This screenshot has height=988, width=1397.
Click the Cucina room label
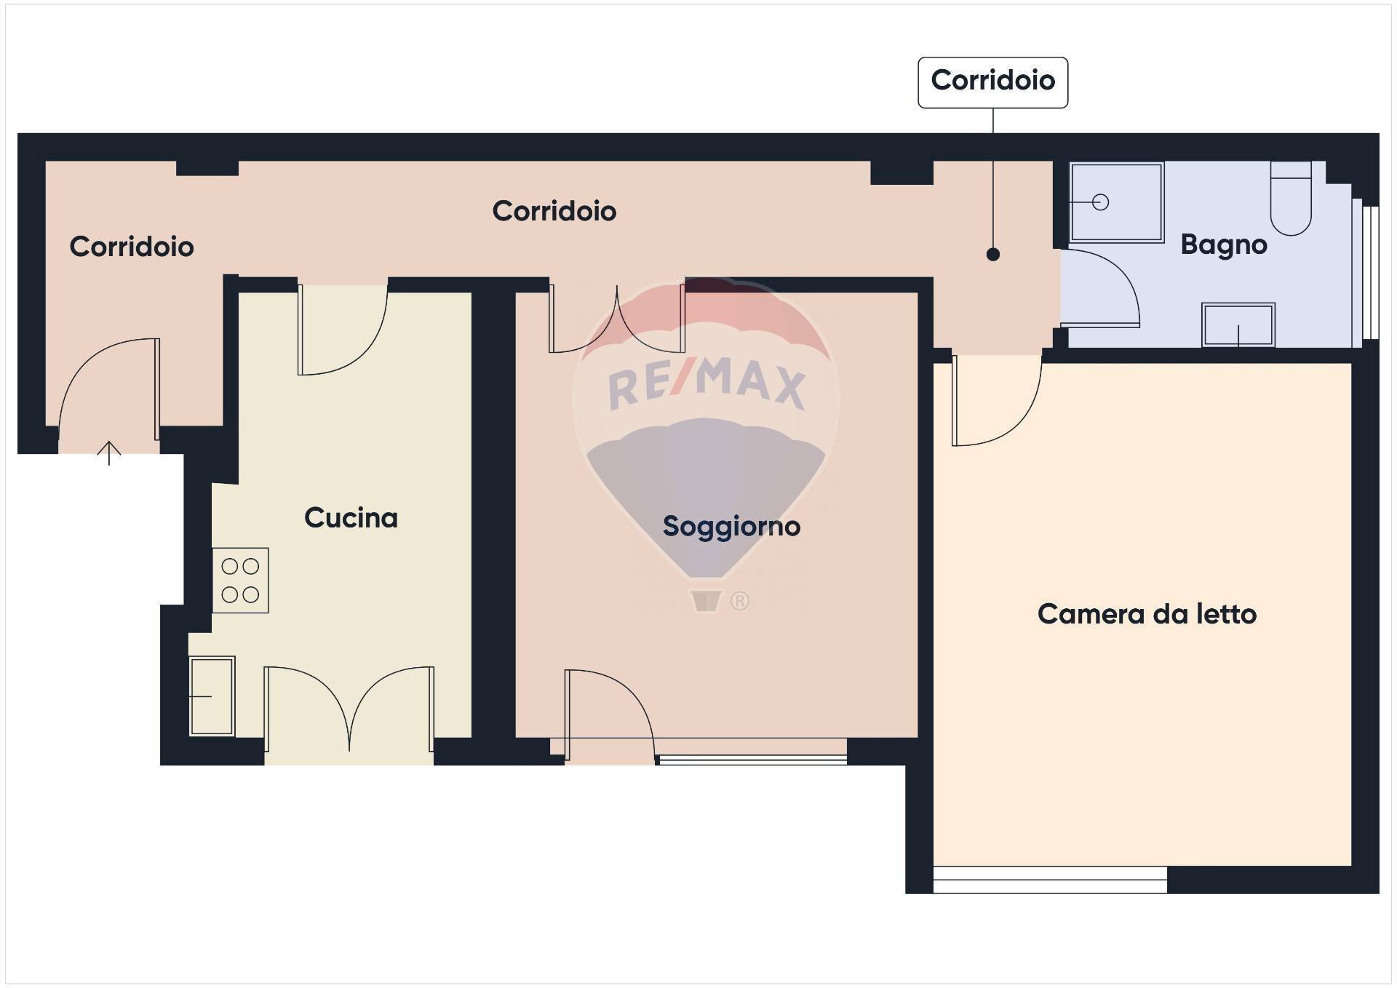[x=351, y=518]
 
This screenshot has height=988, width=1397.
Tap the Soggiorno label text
[x=731, y=527]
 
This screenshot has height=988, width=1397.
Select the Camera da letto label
[x=1147, y=614]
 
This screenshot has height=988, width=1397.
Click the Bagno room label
[x=1224, y=245]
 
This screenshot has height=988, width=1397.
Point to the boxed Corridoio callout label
[x=992, y=81]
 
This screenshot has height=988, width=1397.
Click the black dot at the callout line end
[x=992, y=255]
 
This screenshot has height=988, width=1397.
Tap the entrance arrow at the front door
[x=109, y=453]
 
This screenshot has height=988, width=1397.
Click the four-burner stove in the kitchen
[x=241, y=581]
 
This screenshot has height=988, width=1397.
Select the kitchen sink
[x=212, y=696]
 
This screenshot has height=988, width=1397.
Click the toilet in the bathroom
[x=1291, y=198]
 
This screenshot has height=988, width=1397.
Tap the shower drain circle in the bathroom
[x=1100, y=202]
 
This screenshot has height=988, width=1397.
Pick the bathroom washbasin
[x=1238, y=325]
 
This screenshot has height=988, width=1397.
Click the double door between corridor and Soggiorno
[x=617, y=319]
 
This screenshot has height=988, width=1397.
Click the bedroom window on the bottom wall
[x=1050, y=880]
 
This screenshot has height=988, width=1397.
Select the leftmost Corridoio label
[x=132, y=247]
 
